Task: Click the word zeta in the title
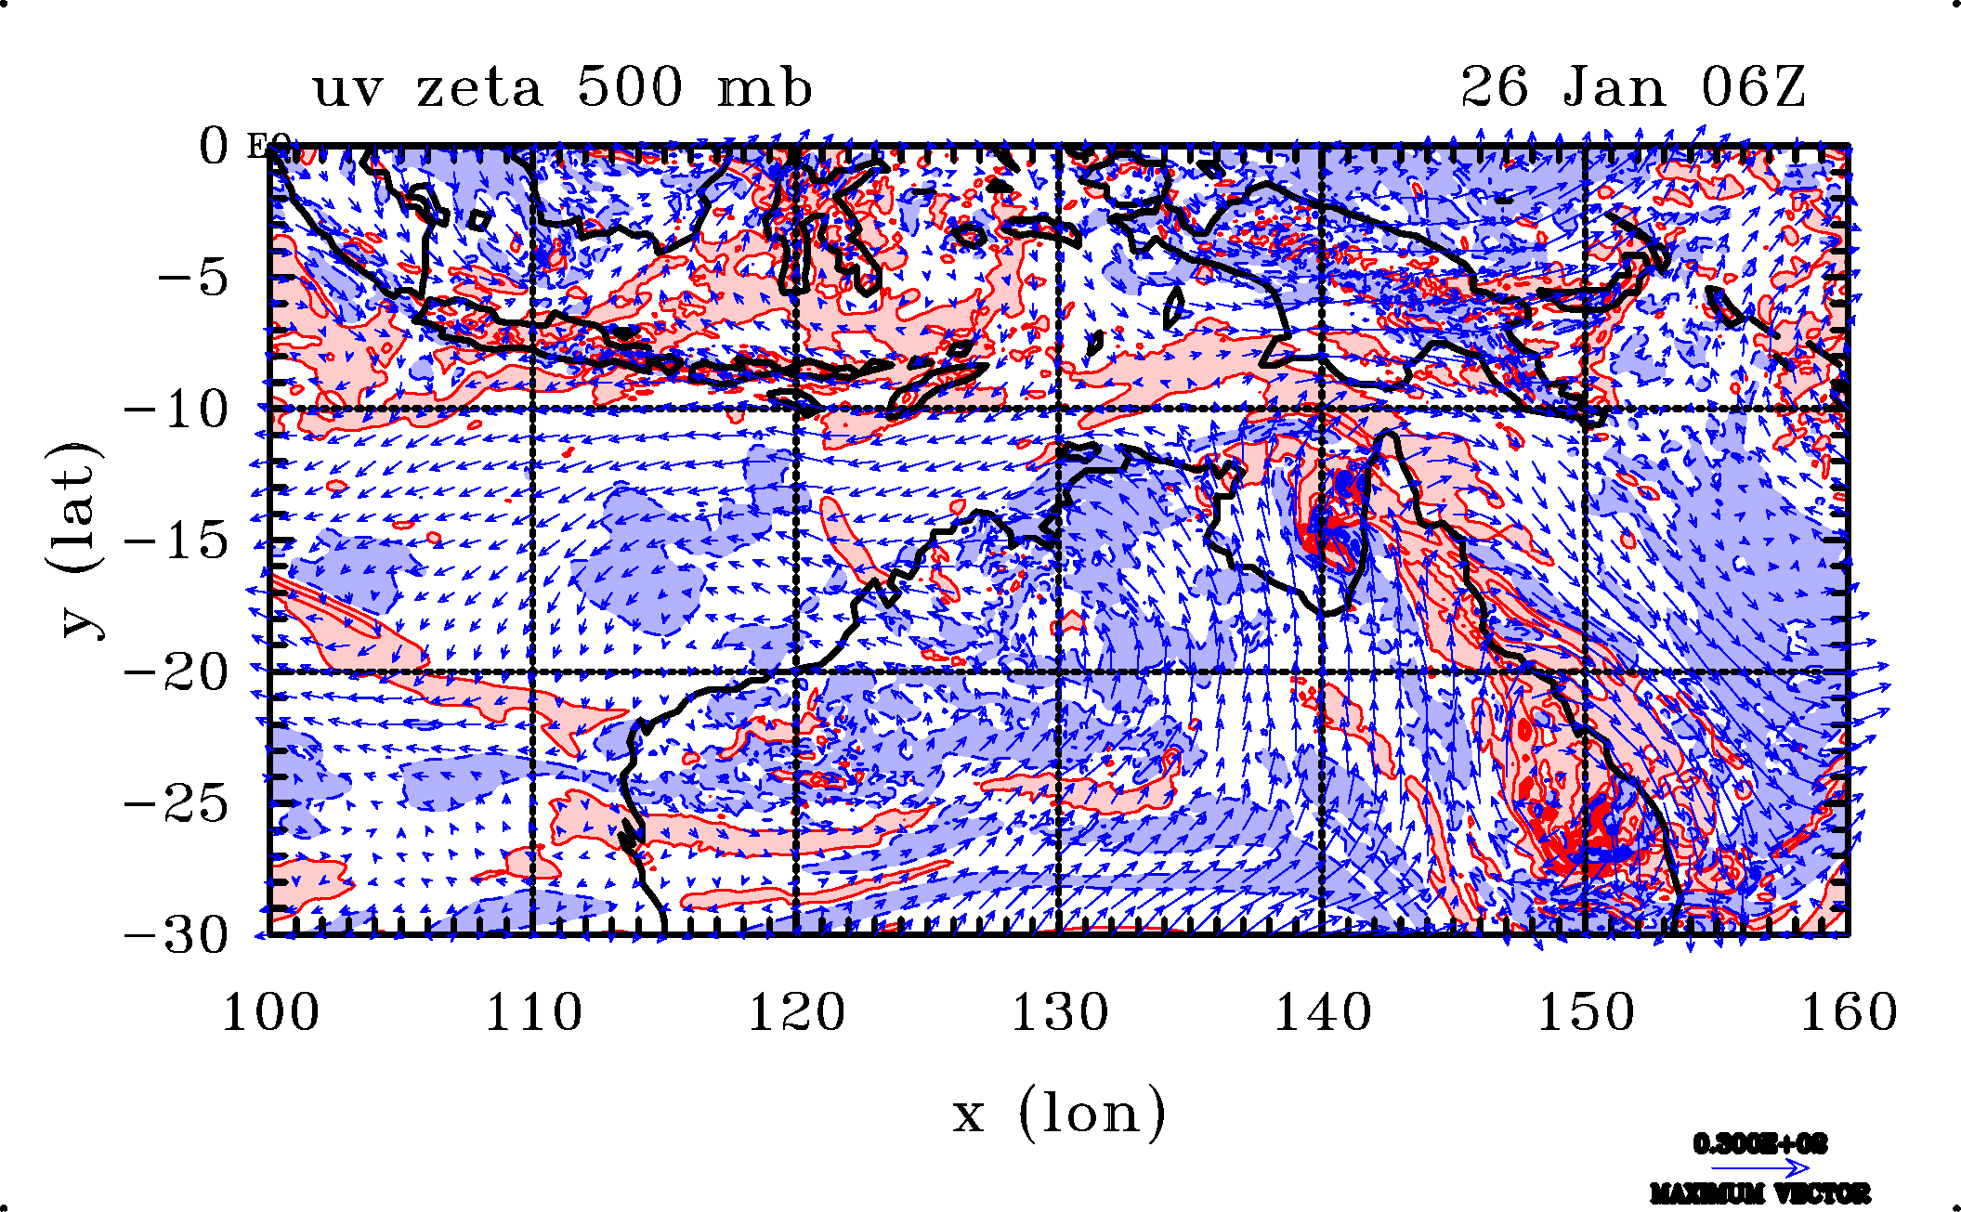pos(478,89)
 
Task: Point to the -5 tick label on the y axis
pos(192,277)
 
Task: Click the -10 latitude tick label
pos(176,410)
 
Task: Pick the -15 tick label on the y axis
pos(176,540)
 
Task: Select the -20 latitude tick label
pos(176,671)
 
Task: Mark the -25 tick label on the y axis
pos(176,803)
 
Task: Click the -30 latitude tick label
pos(176,934)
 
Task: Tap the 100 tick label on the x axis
pos(270,1012)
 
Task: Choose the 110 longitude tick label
pos(534,1012)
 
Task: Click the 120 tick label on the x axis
pos(797,1012)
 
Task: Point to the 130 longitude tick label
pos(1060,1012)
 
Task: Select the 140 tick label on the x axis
pos(1323,1012)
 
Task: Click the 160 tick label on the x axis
pos(1849,1012)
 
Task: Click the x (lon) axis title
pos(1059,1113)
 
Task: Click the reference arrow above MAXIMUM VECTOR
pos(1759,1167)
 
